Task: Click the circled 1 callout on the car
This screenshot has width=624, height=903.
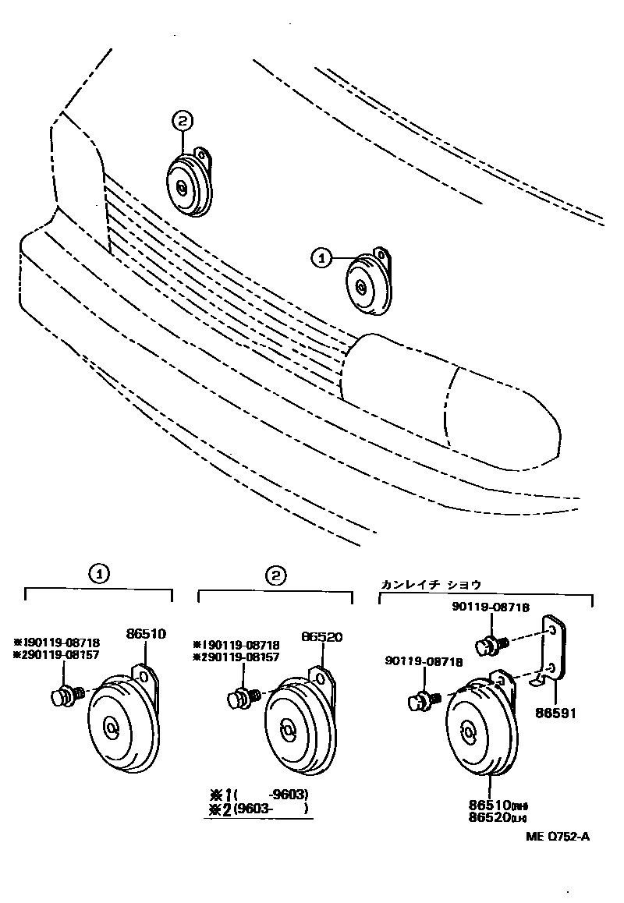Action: coord(321,256)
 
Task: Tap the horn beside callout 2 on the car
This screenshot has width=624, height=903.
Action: coord(187,184)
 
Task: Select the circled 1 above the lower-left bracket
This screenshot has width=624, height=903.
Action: coord(98,575)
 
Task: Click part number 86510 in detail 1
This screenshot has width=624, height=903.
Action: coord(146,635)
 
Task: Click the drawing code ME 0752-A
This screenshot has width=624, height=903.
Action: coord(558,837)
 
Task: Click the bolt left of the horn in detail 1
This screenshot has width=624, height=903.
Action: coord(63,695)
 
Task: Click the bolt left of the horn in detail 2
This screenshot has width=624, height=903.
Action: coord(242,696)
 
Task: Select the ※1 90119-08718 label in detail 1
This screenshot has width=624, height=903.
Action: coord(56,643)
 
